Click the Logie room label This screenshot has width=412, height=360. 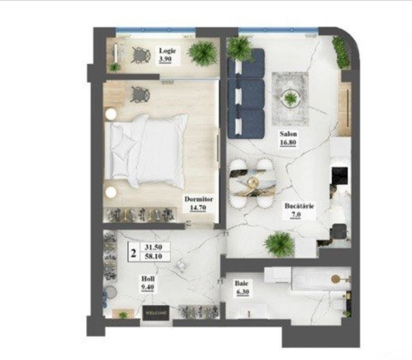click(167, 51)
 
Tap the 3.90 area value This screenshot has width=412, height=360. click(165, 59)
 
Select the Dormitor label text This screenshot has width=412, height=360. click(199, 199)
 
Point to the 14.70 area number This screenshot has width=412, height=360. click(198, 208)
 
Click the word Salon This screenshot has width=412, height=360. click(288, 134)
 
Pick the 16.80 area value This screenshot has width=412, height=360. click(288, 143)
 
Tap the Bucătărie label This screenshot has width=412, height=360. click(299, 206)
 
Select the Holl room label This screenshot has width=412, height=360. click(148, 279)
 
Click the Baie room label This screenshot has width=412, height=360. click(241, 283)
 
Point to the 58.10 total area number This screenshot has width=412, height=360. click(154, 256)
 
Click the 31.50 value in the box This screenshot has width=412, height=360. click(154, 247)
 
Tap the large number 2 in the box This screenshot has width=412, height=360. click(133, 253)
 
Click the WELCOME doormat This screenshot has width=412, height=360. click(156, 313)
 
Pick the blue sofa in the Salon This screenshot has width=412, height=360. click(246, 93)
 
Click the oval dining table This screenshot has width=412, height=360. click(252, 183)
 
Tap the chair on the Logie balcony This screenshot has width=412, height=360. click(141, 55)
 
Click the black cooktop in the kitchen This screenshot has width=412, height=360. click(340, 175)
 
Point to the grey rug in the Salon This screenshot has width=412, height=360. click(290, 99)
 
